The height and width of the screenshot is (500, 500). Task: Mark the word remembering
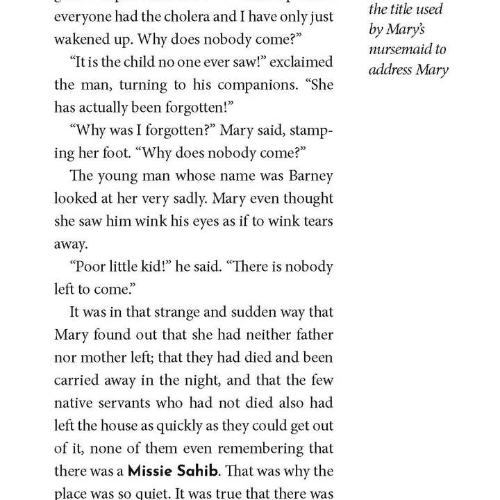287,448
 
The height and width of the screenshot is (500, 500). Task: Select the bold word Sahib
196,471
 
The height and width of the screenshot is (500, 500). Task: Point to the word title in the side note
398,10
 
